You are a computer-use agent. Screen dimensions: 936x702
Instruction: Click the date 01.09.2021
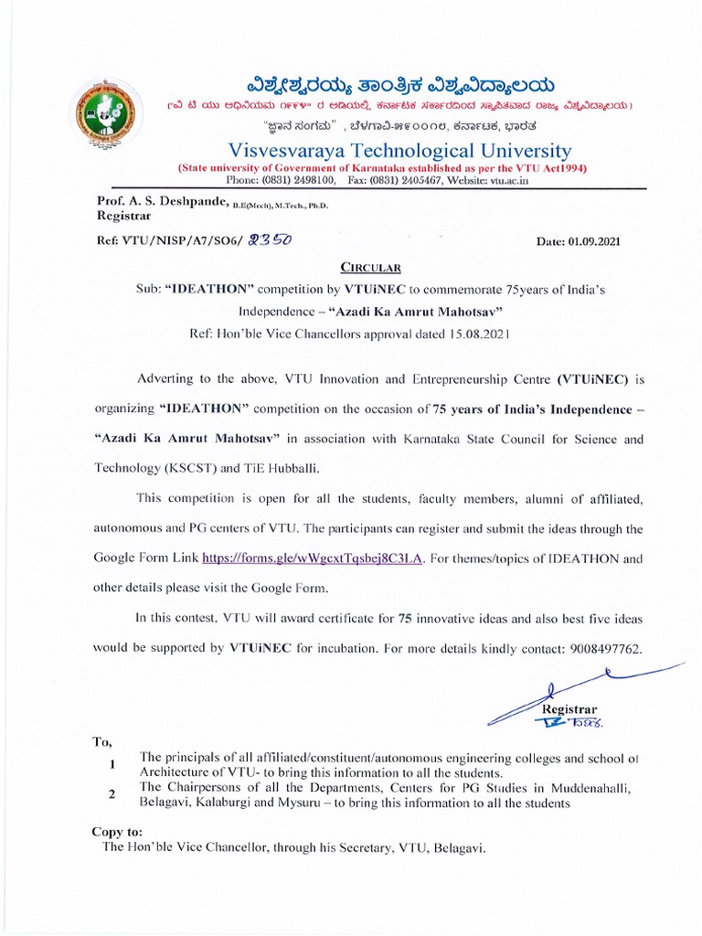(x=578, y=242)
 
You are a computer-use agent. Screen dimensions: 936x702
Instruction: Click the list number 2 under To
(x=112, y=794)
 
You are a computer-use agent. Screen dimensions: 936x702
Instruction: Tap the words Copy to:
(x=117, y=832)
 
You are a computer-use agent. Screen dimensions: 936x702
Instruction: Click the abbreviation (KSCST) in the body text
(x=196, y=469)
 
